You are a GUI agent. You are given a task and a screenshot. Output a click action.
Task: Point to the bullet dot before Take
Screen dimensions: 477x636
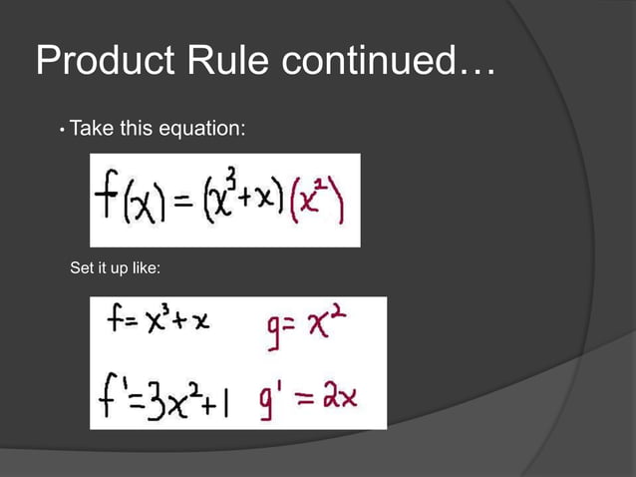pyautogui.click(x=62, y=130)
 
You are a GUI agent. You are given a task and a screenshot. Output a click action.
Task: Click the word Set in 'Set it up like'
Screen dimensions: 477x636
pyautogui.click(x=81, y=269)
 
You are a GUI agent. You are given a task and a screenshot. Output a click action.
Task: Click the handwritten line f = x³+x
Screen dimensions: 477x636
pyautogui.click(x=159, y=325)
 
